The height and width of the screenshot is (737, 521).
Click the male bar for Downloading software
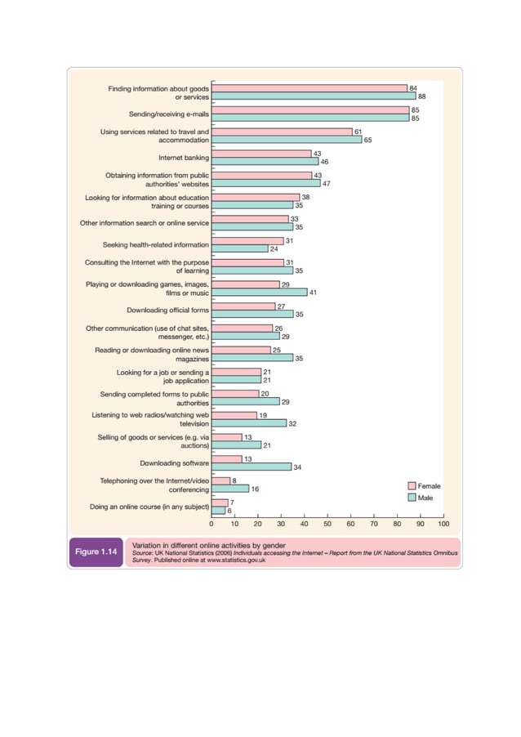(x=251, y=467)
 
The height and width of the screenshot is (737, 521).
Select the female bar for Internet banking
(x=261, y=154)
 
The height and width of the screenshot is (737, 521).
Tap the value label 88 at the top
(x=422, y=96)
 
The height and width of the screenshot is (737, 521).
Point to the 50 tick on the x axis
(x=327, y=523)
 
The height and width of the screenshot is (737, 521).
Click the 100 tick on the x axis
(x=443, y=523)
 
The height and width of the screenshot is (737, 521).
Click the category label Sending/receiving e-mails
(x=169, y=114)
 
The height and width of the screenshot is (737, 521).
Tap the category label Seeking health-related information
(x=155, y=244)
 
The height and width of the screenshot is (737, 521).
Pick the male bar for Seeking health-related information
(x=239, y=248)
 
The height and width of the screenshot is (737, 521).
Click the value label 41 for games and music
(x=313, y=292)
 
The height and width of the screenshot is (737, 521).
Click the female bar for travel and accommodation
(x=282, y=132)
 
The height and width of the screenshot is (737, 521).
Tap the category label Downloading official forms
(x=167, y=310)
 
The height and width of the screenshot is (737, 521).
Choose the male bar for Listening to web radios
(x=248, y=423)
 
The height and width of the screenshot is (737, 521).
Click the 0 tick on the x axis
(x=212, y=523)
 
